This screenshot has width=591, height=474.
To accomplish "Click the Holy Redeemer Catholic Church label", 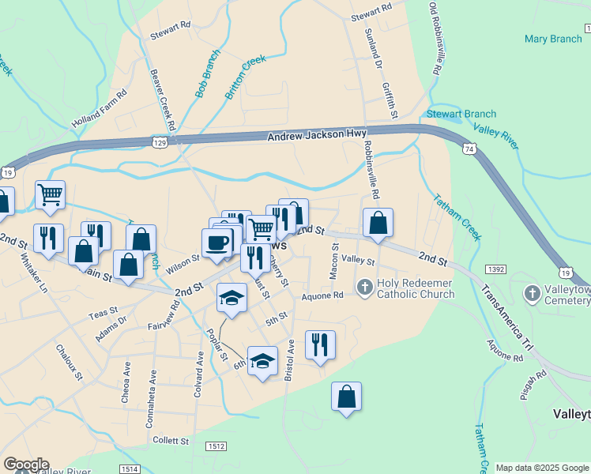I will point(416,289).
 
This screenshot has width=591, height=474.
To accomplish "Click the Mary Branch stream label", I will point(553,38).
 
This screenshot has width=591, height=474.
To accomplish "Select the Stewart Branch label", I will point(461,114).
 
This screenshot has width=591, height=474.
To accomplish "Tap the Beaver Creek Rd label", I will point(165,99).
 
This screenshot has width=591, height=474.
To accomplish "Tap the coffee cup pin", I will point(216,243).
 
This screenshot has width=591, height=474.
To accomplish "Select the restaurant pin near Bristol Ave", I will point(320,344).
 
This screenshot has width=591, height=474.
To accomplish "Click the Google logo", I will point(26,465).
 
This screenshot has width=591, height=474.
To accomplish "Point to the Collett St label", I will point(171,441).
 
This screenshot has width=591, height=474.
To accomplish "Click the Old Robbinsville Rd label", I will point(434,38).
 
